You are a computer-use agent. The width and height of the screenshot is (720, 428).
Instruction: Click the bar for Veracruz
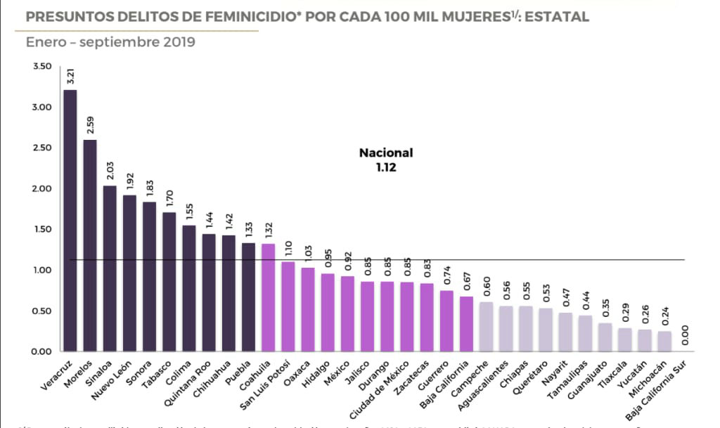click(x=70, y=221)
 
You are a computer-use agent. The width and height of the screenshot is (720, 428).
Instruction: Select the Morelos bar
click(x=90, y=246)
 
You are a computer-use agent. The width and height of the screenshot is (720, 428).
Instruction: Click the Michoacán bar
click(x=664, y=341)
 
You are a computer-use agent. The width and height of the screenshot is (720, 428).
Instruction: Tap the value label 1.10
click(x=288, y=248)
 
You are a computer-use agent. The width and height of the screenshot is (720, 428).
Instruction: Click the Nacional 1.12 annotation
click(x=386, y=160)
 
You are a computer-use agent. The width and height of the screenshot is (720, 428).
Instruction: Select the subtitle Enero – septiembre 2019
click(x=110, y=42)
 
